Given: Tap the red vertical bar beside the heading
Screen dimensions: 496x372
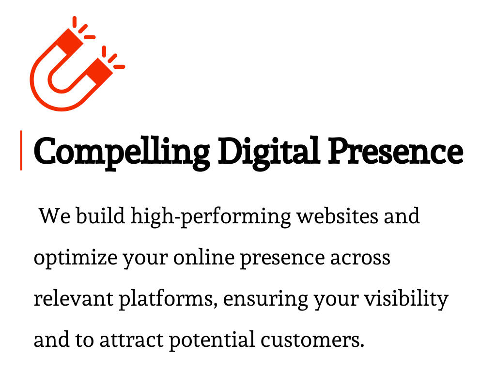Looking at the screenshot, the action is [21, 150].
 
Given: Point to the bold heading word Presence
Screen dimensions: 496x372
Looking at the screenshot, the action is [395, 151].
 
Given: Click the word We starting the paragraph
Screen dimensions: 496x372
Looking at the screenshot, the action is [54, 216].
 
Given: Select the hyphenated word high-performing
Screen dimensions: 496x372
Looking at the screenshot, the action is [211, 217].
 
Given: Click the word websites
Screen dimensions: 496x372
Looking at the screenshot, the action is [337, 216].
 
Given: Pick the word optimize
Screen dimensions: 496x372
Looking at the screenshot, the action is [75, 258].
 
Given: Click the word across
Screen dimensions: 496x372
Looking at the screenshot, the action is [360, 258].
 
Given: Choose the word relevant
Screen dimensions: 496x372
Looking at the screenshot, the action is [73, 298].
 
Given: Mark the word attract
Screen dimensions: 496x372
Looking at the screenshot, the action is [131, 340].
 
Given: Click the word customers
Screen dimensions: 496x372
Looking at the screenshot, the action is [312, 340].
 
